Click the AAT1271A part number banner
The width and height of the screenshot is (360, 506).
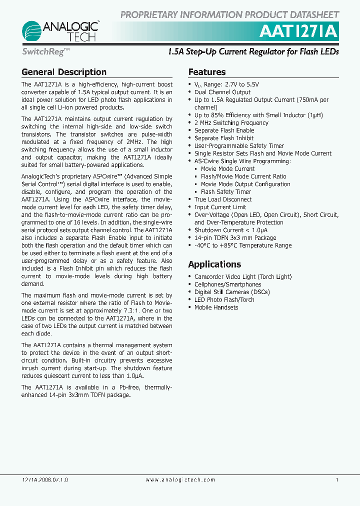click(x=299, y=31)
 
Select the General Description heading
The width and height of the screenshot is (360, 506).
click(x=64, y=72)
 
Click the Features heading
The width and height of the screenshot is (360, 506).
click(x=206, y=72)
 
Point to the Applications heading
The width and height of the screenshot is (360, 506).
click(x=214, y=264)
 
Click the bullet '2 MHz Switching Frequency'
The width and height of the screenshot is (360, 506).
click(x=231, y=123)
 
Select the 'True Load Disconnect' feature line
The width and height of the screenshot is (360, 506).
click(x=222, y=199)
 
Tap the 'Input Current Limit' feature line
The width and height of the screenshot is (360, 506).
click(x=220, y=207)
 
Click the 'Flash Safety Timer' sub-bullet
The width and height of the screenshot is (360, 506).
click(x=225, y=192)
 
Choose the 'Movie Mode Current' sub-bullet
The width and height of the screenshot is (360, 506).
click(x=227, y=169)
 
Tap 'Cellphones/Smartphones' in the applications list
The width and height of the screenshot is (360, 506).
click(x=227, y=284)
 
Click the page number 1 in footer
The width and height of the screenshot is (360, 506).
click(x=337, y=480)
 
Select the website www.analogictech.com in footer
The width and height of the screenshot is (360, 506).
click(x=180, y=480)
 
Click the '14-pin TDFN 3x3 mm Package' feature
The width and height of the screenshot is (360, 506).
click(x=235, y=238)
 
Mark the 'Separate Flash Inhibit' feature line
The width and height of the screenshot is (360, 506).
click(x=223, y=138)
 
